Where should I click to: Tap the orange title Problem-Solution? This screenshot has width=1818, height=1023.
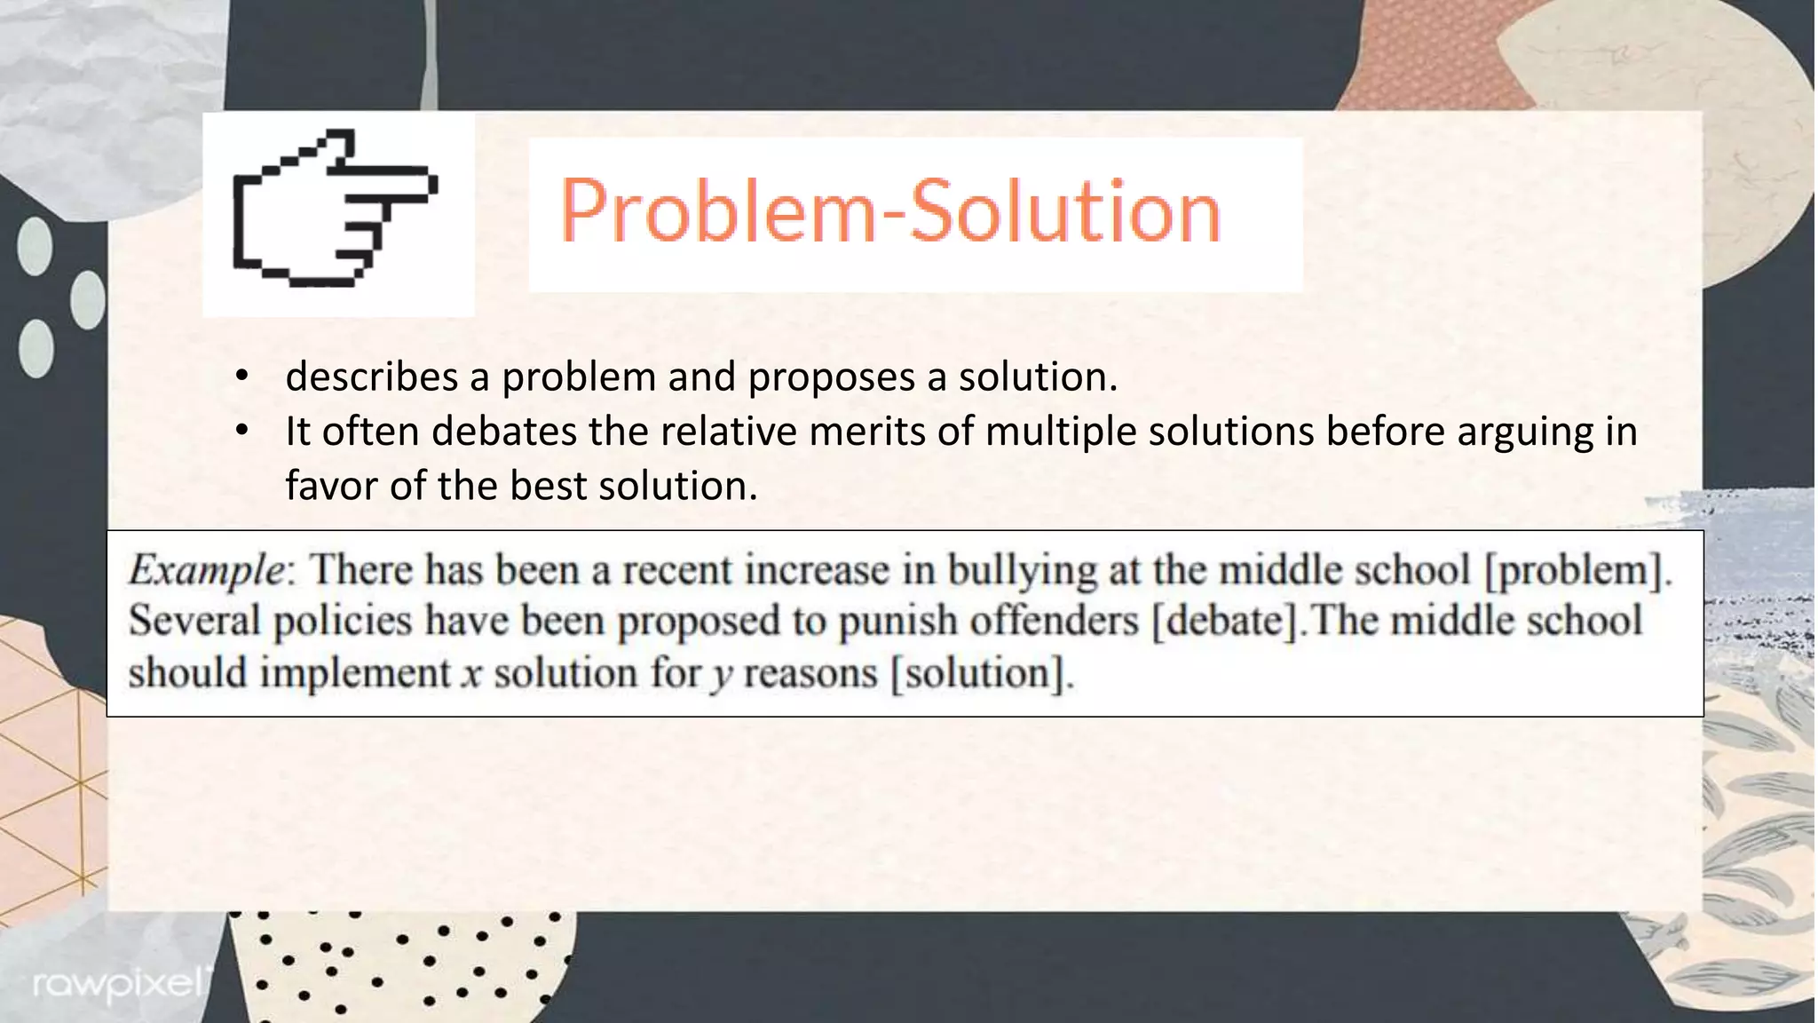[890, 211]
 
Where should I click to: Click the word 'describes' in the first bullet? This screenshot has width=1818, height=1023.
[372, 377]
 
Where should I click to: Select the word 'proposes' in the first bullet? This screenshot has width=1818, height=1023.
[831, 377]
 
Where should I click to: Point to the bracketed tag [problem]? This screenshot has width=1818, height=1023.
[1579, 570]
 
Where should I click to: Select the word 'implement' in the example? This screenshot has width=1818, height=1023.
[355, 673]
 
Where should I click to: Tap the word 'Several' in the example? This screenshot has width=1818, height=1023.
[194, 621]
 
